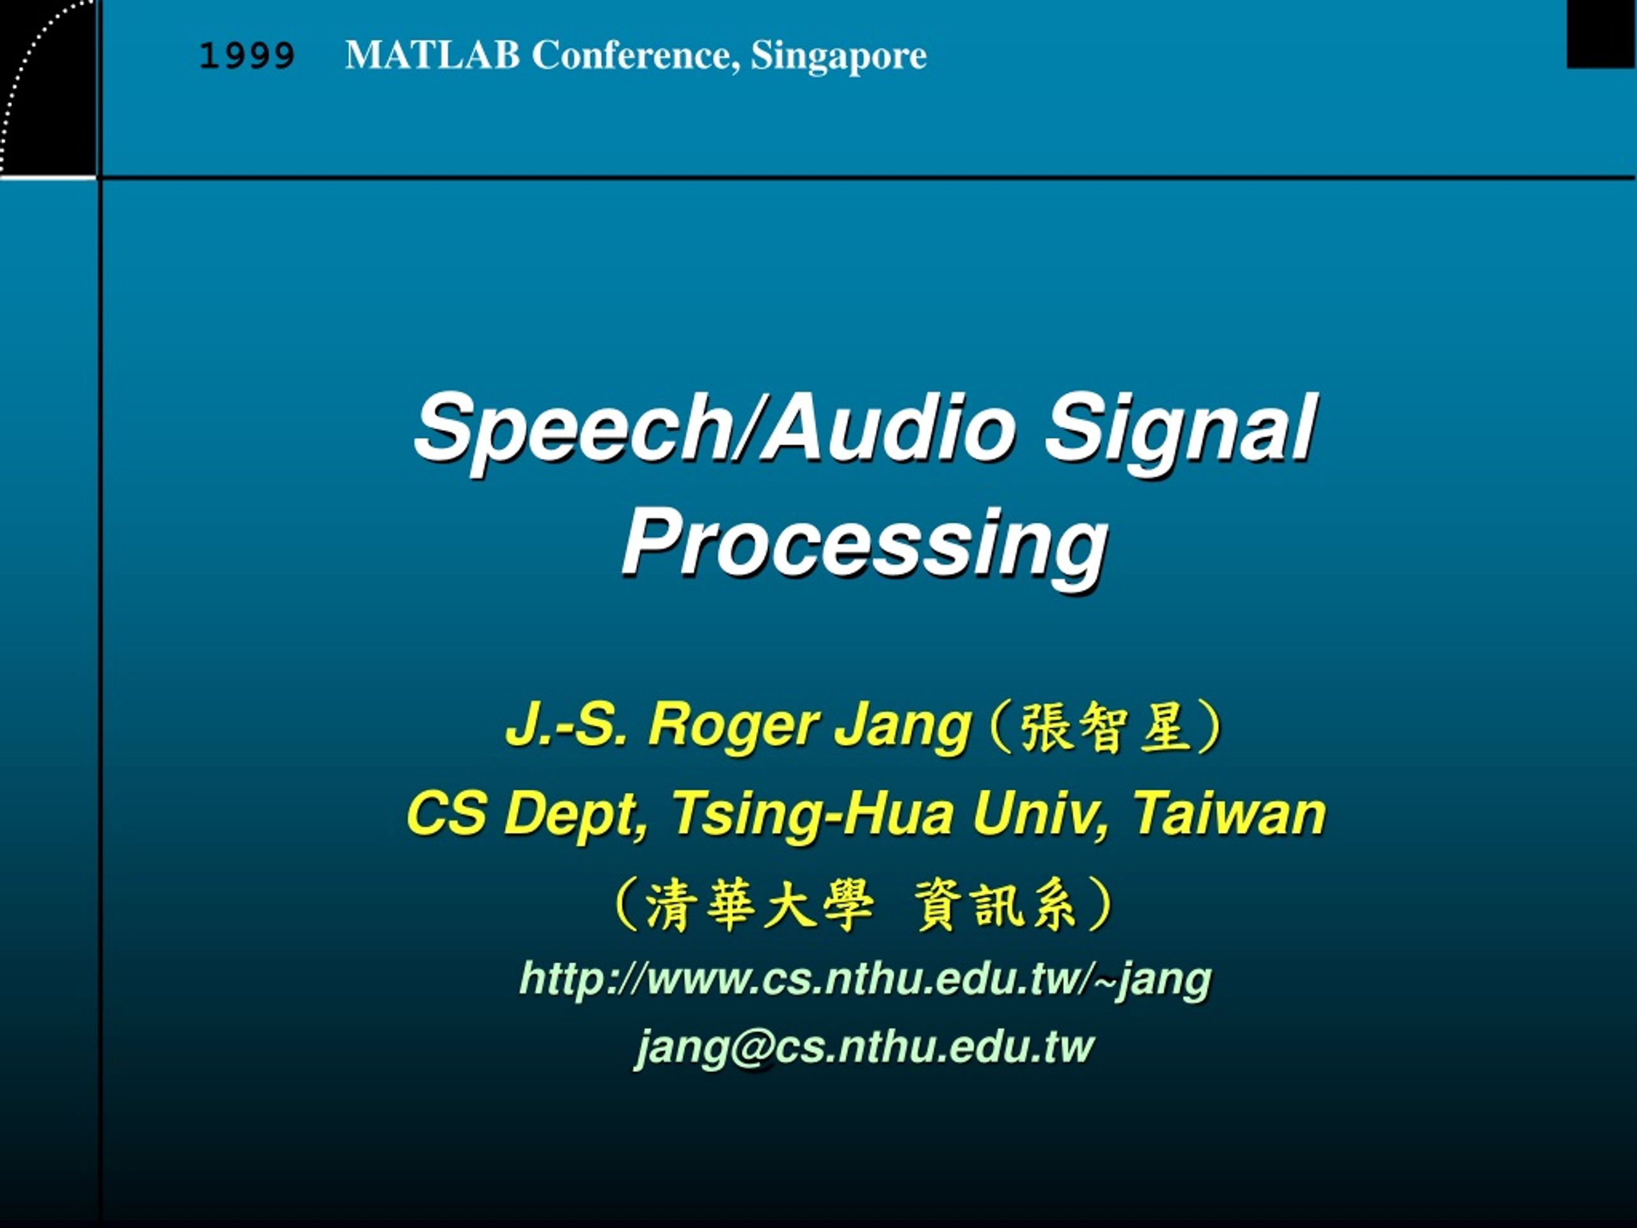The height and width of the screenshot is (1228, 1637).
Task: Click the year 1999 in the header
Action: (247, 56)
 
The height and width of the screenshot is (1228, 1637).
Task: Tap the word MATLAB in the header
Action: (433, 55)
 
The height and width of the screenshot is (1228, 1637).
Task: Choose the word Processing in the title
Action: (865, 546)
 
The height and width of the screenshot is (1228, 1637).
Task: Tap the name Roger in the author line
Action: (730, 725)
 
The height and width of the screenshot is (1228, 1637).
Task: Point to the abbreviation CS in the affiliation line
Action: (447, 814)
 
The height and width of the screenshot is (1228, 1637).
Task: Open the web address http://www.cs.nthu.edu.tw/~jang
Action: (865, 979)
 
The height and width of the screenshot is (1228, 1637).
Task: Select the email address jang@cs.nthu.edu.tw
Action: (864, 1046)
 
